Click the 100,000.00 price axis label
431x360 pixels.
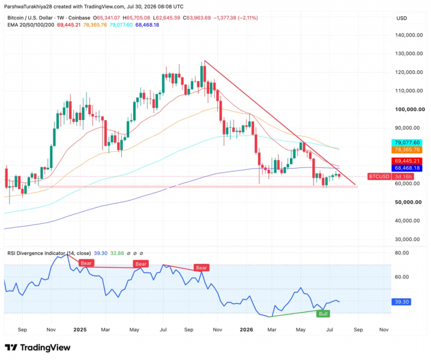(410, 109)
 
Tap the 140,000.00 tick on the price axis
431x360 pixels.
(409, 35)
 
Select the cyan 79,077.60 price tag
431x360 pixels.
(407, 143)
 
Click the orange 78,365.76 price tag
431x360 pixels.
(407, 150)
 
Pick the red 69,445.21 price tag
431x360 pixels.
(407, 161)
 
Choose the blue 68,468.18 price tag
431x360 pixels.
(407, 168)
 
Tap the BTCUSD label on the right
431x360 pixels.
(379, 176)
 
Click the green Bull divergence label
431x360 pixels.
(323, 314)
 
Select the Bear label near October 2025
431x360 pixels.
(202, 268)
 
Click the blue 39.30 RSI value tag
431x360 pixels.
(402, 302)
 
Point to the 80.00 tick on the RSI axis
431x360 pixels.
(402, 253)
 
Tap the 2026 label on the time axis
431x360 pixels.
(246, 329)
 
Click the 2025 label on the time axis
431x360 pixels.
(80, 329)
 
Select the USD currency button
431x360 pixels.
(402, 19)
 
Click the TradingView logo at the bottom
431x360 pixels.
(38, 347)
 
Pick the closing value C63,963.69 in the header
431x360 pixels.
(197, 18)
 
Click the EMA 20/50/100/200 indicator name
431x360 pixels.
(31, 25)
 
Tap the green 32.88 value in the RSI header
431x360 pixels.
(117, 253)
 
